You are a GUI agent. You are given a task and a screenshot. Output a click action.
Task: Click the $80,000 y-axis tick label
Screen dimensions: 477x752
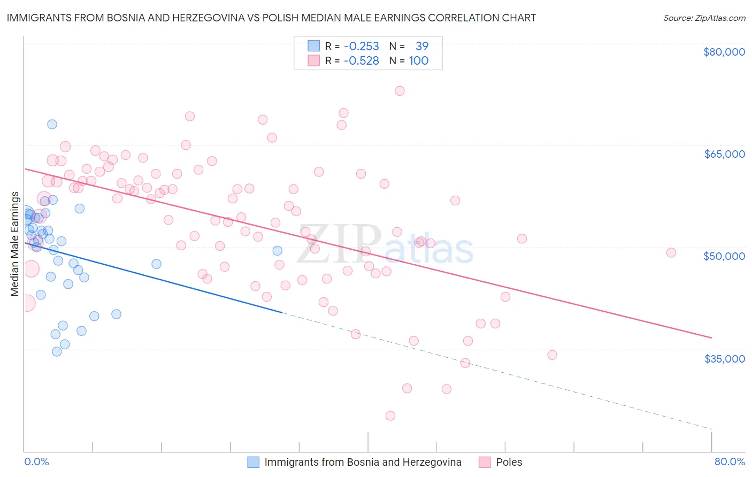point(724,52)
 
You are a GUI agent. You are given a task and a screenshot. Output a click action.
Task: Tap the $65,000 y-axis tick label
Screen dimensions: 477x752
point(724,154)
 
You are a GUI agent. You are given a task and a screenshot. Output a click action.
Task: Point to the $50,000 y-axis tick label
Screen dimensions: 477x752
point(724,256)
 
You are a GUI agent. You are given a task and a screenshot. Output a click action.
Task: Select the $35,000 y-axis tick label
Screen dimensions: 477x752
point(724,358)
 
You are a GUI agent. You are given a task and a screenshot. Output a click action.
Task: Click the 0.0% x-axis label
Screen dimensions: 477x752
point(36,461)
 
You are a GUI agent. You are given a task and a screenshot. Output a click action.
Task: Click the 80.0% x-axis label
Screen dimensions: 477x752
point(730,461)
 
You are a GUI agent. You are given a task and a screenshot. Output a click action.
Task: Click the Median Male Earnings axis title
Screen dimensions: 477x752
point(15,244)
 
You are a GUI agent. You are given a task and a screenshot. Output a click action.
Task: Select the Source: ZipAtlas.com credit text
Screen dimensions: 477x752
point(704,18)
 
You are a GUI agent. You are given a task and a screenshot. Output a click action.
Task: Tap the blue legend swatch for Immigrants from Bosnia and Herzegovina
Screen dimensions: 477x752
point(254,462)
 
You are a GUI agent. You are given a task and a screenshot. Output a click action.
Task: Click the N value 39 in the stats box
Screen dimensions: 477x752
point(422,47)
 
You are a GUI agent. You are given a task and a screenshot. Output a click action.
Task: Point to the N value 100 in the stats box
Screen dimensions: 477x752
point(419,61)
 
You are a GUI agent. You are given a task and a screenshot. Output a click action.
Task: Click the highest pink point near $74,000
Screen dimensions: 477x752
point(400,91)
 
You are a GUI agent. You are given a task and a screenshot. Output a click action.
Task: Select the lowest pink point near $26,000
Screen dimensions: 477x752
point(390,416)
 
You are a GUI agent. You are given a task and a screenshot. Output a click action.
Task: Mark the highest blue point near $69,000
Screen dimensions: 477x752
point(52,125)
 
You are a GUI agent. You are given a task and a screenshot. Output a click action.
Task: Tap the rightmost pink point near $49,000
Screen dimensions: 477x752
point(671,253)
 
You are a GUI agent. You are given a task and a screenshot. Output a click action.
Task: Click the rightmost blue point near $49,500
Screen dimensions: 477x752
point(277,251)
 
